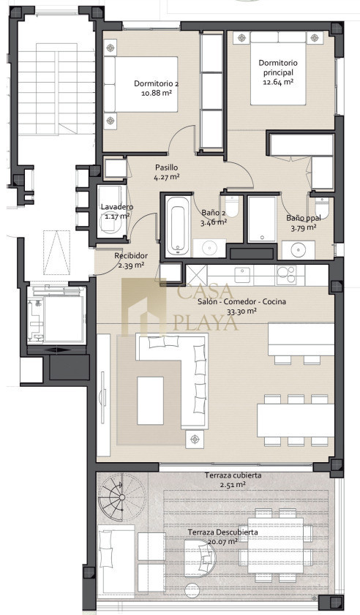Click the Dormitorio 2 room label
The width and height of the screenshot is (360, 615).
pos(157,83)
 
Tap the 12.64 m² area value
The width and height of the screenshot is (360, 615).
pos(278,82)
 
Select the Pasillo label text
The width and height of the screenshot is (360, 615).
pos(166,167)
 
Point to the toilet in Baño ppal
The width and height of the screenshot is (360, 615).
pos(321,206)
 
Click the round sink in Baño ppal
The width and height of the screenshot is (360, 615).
pos(299,250)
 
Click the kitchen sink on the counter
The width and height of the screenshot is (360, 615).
pos(242,274)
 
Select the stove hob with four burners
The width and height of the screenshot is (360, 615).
pos(286,274)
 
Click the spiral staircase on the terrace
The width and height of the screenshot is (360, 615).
pos(122,497)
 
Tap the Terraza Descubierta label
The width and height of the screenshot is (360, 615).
pos(222,532)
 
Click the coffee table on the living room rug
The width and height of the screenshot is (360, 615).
pos(150,401)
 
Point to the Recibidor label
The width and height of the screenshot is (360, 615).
pos(131,256)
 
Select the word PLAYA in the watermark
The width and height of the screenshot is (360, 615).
pos(206,323)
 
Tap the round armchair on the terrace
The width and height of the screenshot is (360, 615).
pos(200,555)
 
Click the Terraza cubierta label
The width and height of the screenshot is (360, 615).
pos(233,475)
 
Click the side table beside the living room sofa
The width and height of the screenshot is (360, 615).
pos(195,439)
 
